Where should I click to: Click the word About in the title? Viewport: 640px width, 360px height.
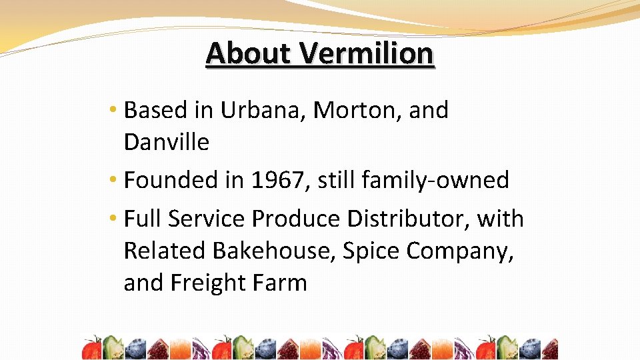[249, 53]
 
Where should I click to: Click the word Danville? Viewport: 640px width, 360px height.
[166, 142]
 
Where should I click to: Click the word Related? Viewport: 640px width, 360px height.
[165, 251]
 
